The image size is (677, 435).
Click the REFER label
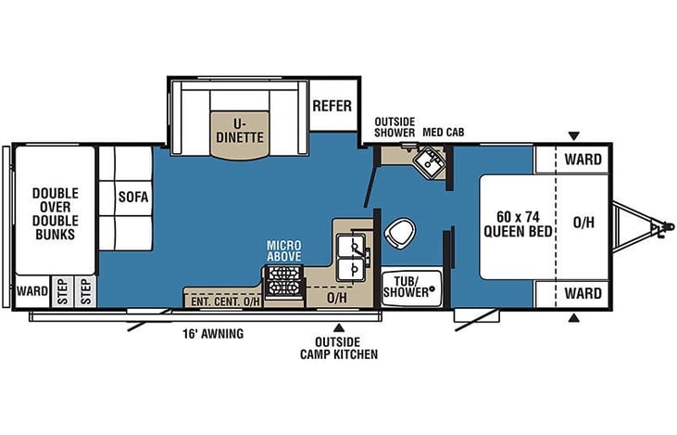coord(332,106)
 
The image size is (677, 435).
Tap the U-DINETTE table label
coord(240,131)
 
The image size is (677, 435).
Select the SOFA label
coord(133,198)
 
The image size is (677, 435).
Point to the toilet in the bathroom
coord(400,233)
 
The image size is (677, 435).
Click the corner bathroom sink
coord(429,161)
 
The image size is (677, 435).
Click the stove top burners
coord(282,281)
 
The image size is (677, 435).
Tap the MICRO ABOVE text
coord(283,251)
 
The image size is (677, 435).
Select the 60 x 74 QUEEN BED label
coord(518,224)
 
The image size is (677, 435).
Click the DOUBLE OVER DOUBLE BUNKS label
coord(56,213)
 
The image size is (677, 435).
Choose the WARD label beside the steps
coord(32,291)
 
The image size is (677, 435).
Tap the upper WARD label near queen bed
coord(583,160)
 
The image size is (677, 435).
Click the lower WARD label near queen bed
coord(583,294)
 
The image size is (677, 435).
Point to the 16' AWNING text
coord(213,334)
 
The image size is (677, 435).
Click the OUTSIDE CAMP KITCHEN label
coord(339,348)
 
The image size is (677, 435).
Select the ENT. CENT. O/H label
coord(225,301)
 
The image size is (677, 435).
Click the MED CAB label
coord(444,133)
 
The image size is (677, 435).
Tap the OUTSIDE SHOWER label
coord(395,127)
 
